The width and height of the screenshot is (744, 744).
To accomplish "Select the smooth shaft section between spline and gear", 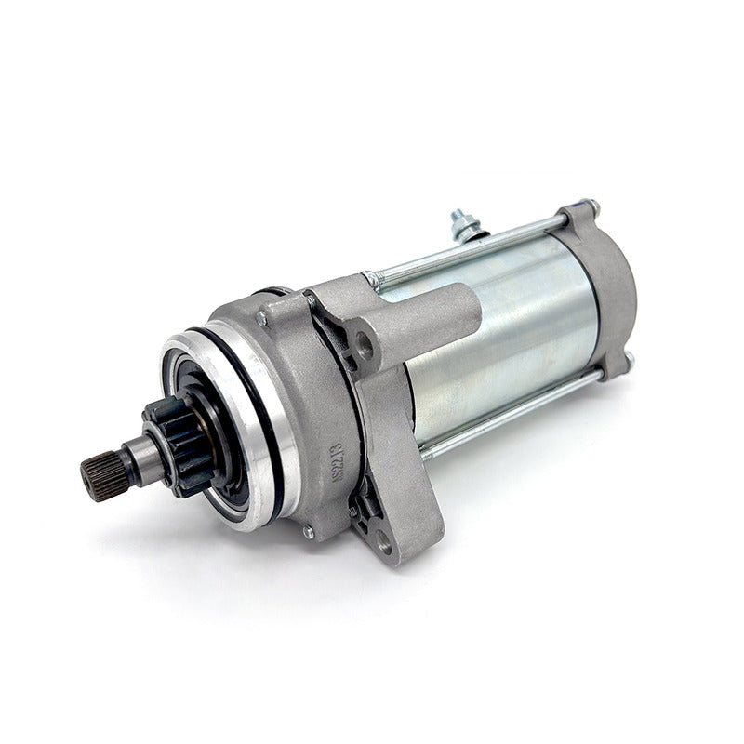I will click(139, 458).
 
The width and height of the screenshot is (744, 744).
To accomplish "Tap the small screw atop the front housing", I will click(262, 318).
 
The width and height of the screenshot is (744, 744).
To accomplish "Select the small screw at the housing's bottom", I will click(307, 532).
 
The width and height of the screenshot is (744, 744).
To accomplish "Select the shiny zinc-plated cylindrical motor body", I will click(502, 335).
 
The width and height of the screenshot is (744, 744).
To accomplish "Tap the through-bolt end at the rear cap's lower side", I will click(629, 359).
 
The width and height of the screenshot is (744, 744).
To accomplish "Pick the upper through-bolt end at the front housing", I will click(372, 279).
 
